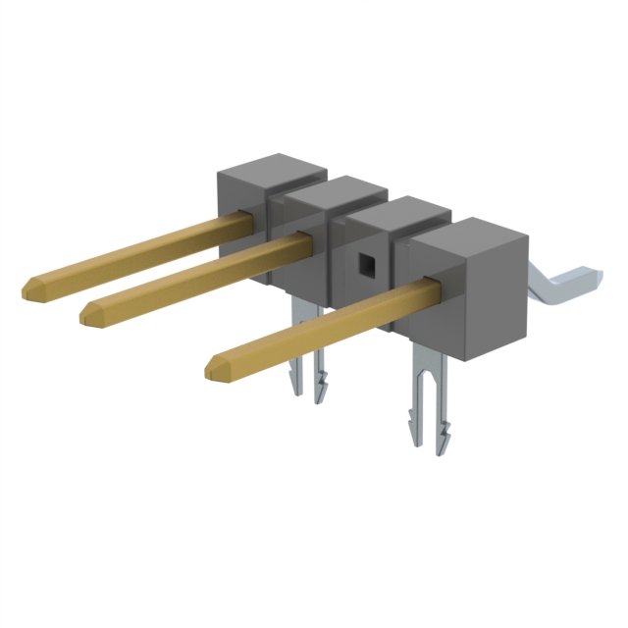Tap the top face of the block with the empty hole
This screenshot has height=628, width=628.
coord(392,212)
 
